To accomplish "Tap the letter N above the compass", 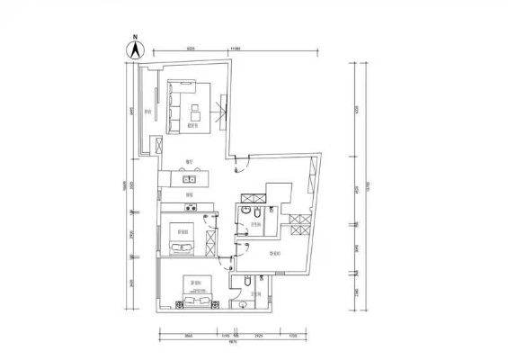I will click(x=134, y=38).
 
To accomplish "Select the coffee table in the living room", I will click(x=195, y=112).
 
